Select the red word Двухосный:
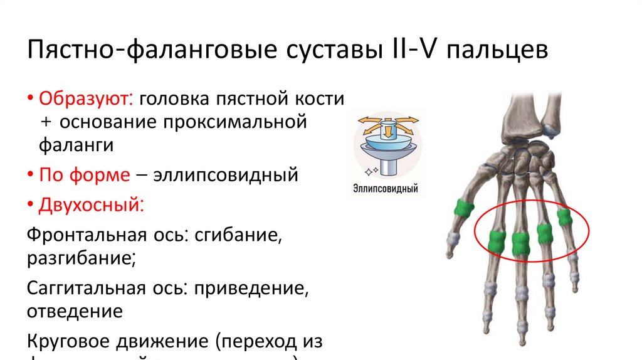point(92,204)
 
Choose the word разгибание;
point(79,258)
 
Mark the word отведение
point(74,310)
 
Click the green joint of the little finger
point(564,217)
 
